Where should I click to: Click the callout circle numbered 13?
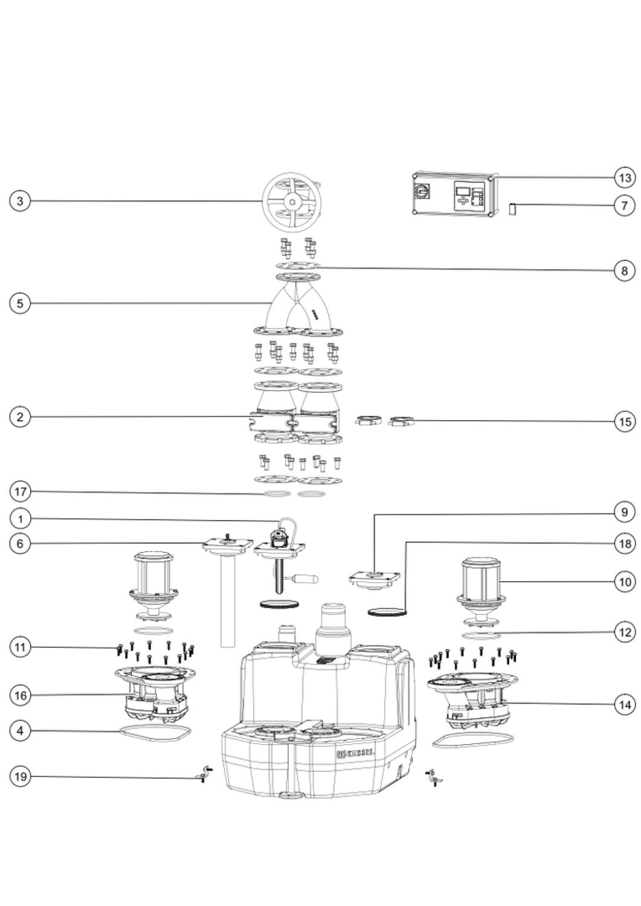click(625, 177)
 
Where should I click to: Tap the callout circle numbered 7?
click(625, 205)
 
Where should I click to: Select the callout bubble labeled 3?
click(20, 201)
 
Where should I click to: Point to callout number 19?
click(20, 777)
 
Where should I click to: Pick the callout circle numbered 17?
click(20, 492)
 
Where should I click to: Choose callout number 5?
click(20, 303)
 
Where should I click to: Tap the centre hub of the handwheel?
click(292, 201)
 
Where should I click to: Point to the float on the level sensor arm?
click(305, 580)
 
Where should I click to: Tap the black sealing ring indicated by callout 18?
click(387, 611)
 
